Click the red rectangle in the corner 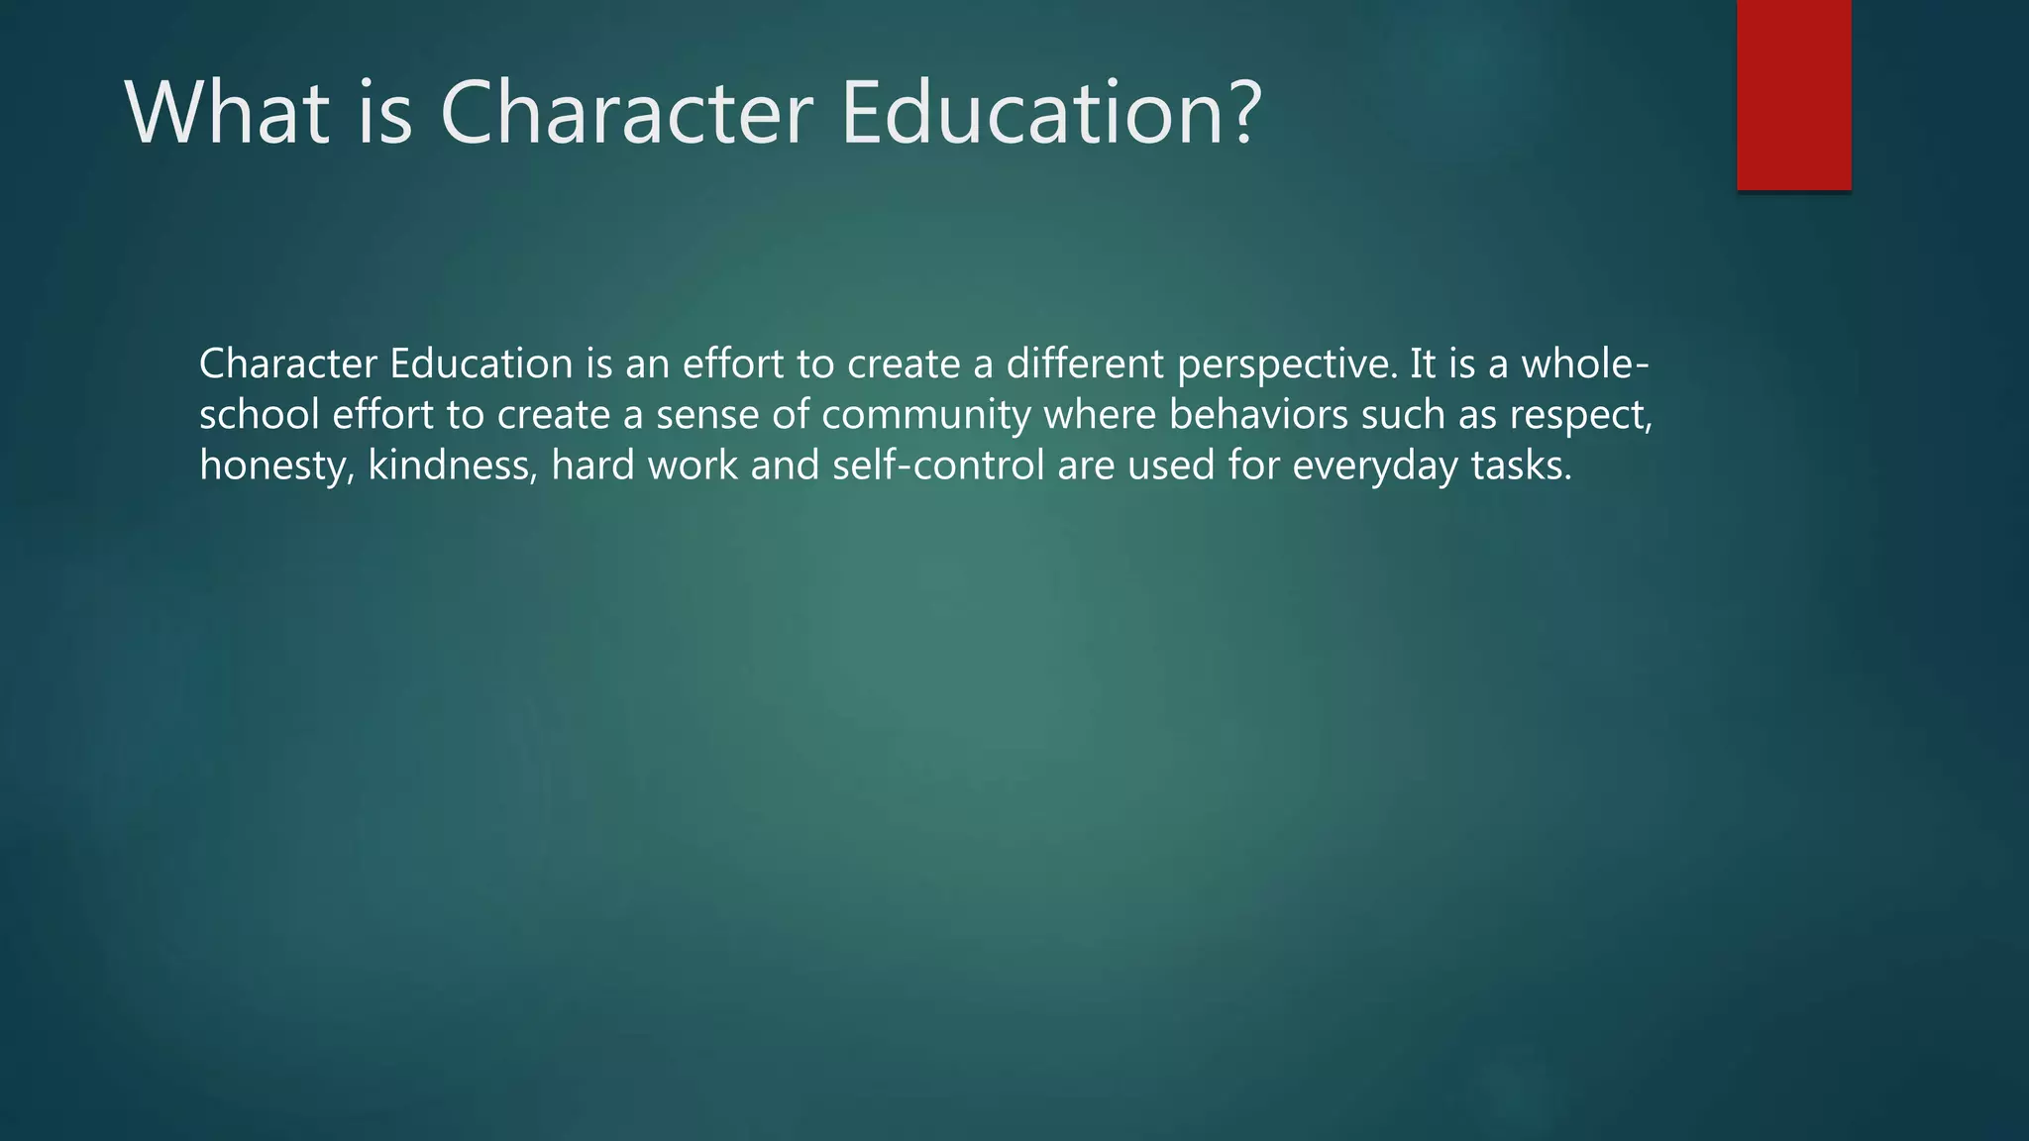[1793, 95]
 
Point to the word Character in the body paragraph [288, 364]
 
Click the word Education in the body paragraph [481, 364]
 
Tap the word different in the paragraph [1085, 364]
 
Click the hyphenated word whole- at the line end [1585, 364]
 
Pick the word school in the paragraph [260, 415]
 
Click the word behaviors [1258, 415]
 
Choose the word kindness [451, 466]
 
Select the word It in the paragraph [1423, 364]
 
